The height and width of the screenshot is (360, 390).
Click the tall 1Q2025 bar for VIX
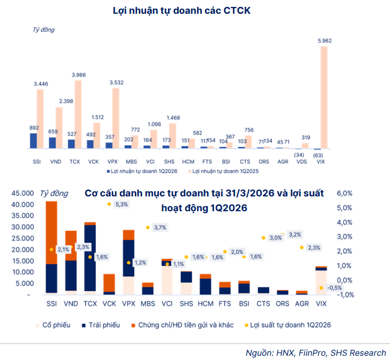point(324,97)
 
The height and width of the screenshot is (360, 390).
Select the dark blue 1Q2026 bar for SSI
point(33,141)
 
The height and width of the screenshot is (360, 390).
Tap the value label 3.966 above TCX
point(78,75)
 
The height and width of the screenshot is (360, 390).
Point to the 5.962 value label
point(325,41)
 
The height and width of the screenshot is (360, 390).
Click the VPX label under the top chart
point(112,162)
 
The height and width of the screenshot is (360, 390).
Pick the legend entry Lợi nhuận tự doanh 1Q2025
point(224,171)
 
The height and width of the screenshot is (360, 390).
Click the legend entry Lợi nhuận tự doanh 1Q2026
point(142,171)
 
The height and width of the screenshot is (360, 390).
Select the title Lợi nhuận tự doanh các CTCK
point(182,11)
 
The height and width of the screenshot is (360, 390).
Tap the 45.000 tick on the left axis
point(23,193)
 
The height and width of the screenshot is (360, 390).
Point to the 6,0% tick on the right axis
point(344,193)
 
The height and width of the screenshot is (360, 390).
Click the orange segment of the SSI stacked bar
point(51,232)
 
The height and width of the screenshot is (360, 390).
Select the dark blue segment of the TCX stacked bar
point(90,258)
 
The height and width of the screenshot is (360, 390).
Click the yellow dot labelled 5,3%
point(109,204)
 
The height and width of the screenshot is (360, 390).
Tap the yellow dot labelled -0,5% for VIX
point(321,288)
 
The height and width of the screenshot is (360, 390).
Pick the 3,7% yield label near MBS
point(160,227)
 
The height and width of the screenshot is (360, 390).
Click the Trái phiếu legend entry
point(101,325)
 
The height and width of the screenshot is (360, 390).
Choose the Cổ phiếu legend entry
point(53,325)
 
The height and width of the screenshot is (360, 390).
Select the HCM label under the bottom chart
point(206,303)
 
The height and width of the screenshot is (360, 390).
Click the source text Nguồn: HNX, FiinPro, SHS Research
point(316,353)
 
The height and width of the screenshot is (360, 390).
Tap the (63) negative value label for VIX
point(318,156)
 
